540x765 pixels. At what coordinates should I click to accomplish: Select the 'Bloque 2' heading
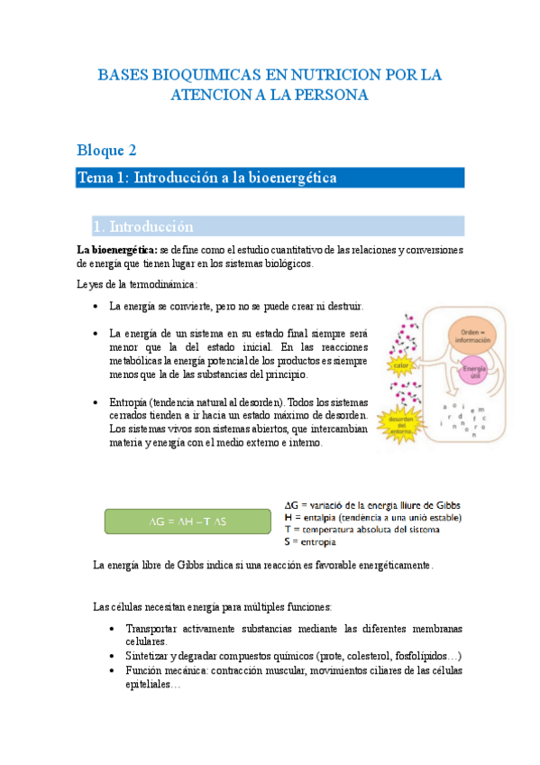click(106, 150)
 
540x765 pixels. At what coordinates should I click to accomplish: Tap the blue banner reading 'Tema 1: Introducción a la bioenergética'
click(270, 178)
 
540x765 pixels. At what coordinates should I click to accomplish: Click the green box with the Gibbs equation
click(188, 521)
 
